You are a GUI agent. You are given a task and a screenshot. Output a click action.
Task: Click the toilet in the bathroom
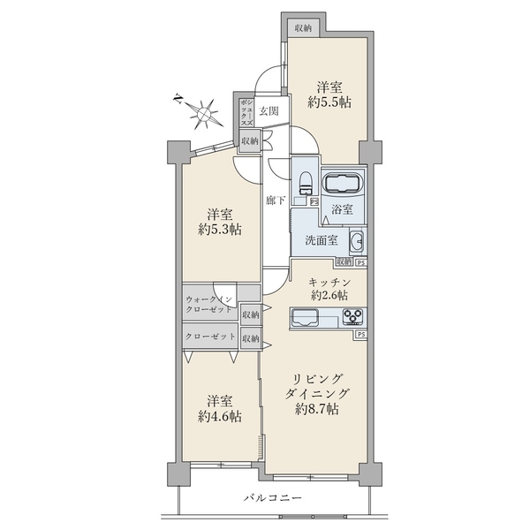[306, 184]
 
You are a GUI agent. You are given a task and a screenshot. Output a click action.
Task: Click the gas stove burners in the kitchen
[352, 317]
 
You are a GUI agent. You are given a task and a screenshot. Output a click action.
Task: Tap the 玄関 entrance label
[269, 111]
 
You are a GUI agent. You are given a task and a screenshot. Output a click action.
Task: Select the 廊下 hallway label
[275, 201]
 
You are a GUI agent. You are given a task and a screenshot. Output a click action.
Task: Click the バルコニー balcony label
[273, 498]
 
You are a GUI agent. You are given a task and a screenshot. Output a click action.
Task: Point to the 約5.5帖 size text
[329, 102]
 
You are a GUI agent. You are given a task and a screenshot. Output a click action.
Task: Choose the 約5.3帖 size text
[220, 230]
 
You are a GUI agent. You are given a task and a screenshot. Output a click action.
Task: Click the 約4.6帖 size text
[220, 416]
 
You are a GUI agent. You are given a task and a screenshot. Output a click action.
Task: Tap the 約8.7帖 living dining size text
[317, 409]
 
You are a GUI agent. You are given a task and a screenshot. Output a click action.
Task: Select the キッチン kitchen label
[329, 282]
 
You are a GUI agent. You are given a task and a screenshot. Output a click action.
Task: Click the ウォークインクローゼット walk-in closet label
[209, 304]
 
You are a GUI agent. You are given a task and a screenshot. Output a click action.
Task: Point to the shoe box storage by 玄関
[246, 112]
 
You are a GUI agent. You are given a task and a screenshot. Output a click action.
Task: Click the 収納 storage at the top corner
[303, 28]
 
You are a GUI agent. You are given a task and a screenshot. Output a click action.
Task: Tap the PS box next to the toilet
[314, 201]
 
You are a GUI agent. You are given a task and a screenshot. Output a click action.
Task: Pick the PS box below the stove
[361, 334]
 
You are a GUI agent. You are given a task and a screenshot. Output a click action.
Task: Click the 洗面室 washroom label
[322, 240]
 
